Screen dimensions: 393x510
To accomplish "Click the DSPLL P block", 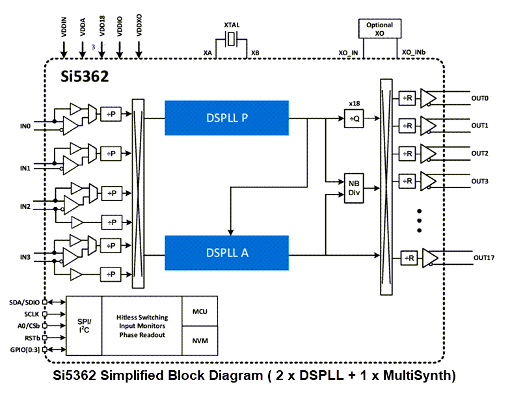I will click(x=226, y=118).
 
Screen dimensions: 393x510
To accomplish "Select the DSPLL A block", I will click(x=226, y=253).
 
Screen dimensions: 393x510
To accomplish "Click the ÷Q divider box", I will click(x=354, y=119).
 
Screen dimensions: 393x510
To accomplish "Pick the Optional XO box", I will click(x=379, y=29).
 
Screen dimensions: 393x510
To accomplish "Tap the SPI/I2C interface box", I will click(x=84, y=325).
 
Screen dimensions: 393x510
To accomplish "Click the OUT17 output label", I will click(x=483, y=258).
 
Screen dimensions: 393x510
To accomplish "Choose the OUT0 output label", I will click(x=480, y=98).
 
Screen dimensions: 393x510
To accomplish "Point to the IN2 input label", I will click(x=25, y=206).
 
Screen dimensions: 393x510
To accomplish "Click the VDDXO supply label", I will click(x=139, y=25).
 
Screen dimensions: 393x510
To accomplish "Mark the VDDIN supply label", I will click(x=64, y=25).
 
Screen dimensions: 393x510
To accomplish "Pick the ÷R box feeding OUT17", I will click(x=409, y=258).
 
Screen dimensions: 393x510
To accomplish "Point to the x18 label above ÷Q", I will click(x=354, y=103).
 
